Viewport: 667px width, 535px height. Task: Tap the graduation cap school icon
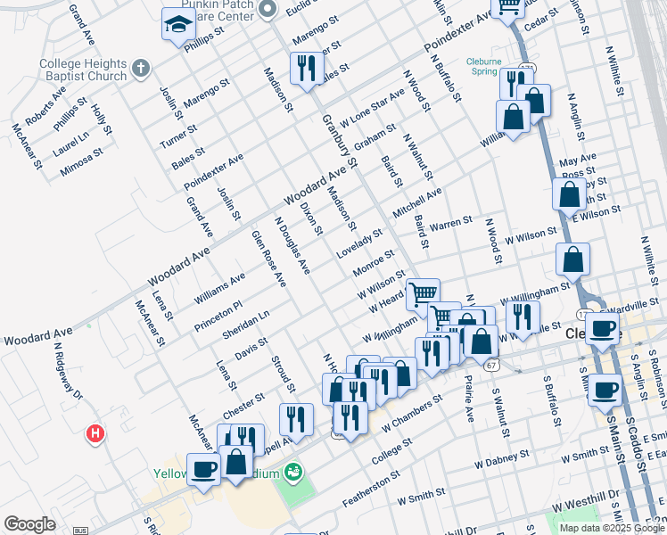coord(177,25)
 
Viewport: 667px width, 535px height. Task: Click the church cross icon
coord(140,69)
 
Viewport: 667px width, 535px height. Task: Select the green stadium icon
coord(292,471)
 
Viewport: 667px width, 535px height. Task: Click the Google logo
coord(29,523)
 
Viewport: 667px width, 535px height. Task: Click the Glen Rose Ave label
coord(268,259)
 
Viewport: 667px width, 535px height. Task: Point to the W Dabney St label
coord(502,462)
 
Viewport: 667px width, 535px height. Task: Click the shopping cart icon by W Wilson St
coord(424,292)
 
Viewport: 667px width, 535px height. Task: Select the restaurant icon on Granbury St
coord(306,67)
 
